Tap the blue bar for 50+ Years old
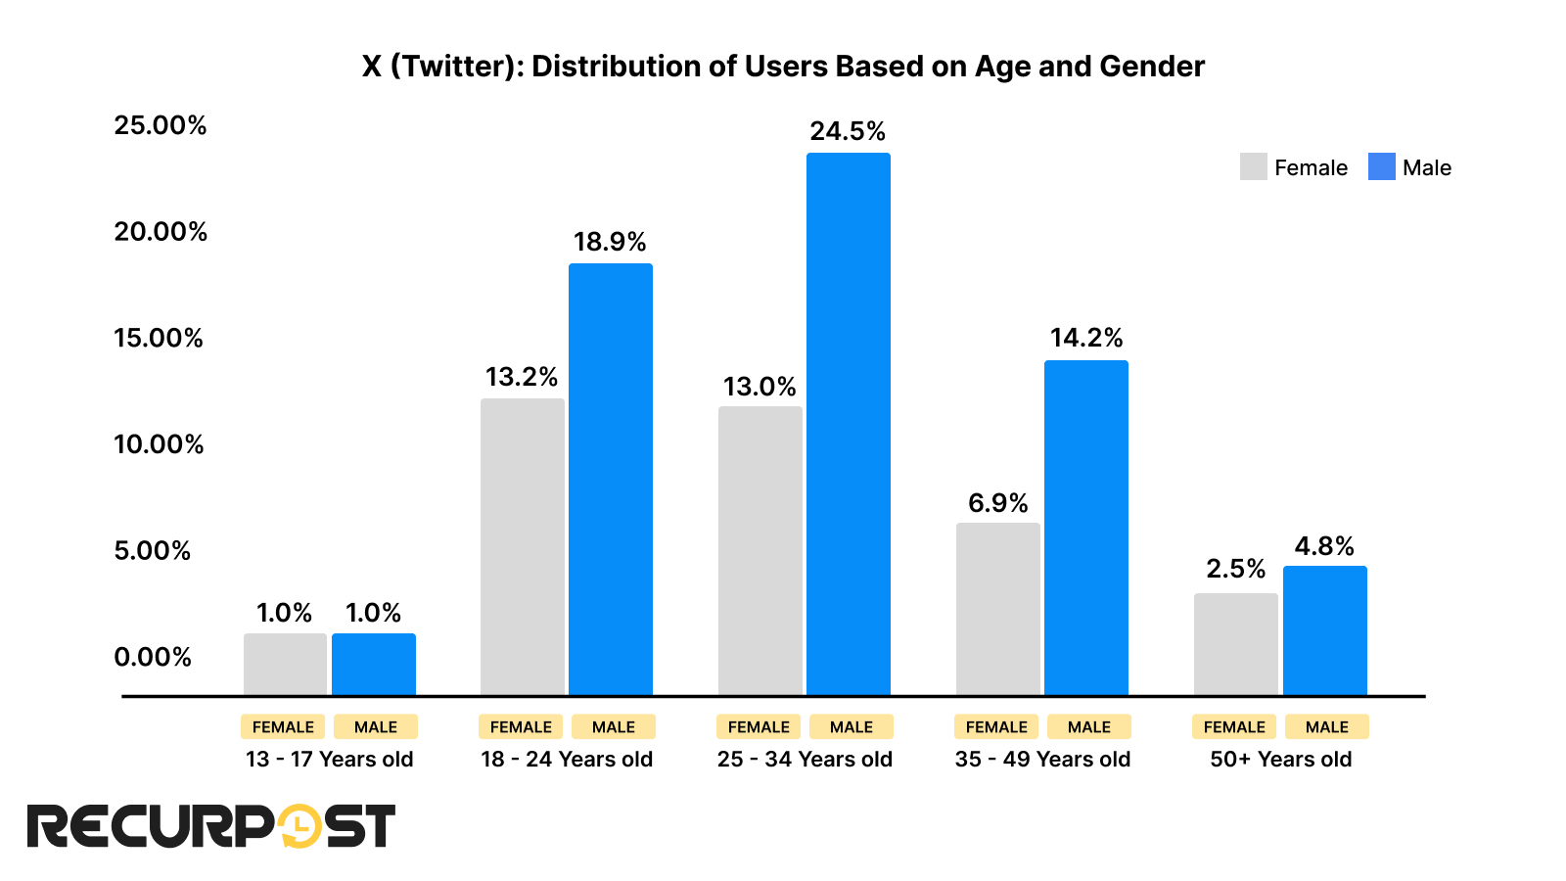1324,630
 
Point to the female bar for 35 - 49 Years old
997,609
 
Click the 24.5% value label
848,131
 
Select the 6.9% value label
997,503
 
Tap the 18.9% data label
610,242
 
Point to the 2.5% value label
1235,569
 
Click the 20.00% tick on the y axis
161,232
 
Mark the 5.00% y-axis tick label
152,550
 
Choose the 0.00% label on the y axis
152,657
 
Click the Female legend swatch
1253,167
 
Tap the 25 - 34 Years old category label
805,760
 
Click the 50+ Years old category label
1280,760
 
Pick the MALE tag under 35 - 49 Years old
1088,727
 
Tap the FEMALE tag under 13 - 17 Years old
283,727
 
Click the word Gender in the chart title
1152,67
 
